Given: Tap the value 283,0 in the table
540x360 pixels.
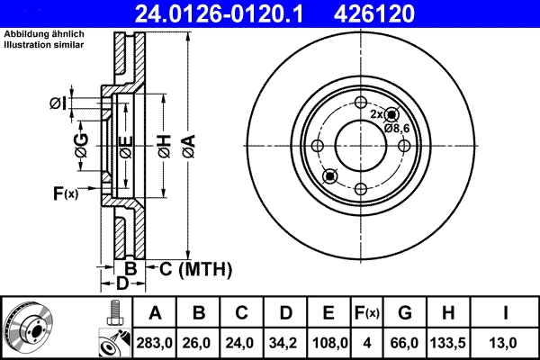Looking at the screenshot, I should [155, 343].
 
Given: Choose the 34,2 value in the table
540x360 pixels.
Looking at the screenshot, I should [285, 343].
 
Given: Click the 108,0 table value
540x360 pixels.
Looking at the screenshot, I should [328, 343].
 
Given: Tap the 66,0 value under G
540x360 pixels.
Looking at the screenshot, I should [405, 343].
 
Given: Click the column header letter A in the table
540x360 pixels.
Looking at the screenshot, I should [155, 314].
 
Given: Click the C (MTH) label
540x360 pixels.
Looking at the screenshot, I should [196, 269].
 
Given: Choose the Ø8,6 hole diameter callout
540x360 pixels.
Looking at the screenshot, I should [397, 129].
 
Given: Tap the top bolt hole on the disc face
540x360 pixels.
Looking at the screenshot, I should [360, 103].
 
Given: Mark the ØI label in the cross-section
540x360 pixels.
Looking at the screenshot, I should [58, 103].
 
